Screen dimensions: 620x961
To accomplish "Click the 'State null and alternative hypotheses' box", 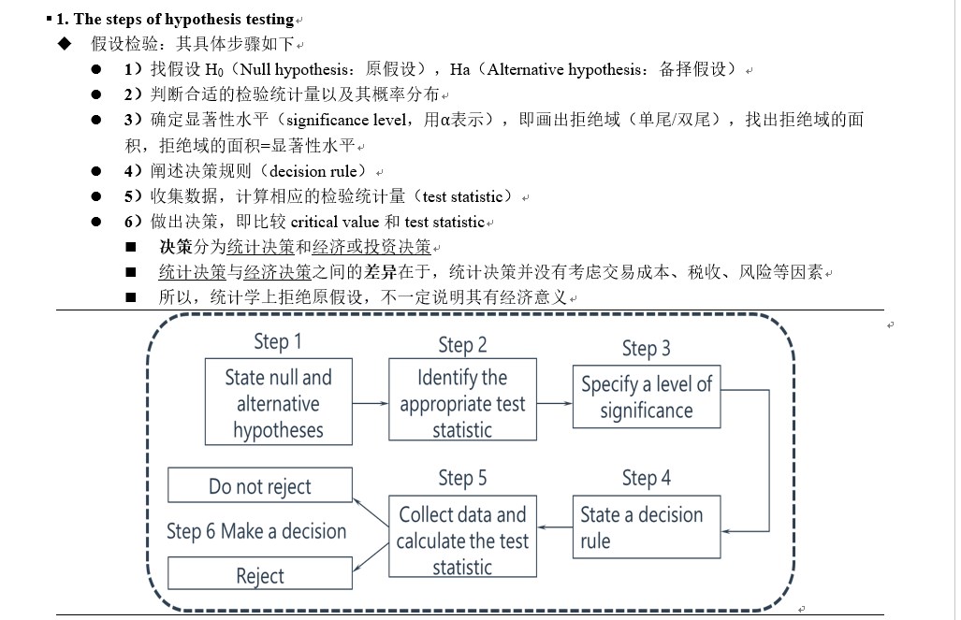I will click(278, 403).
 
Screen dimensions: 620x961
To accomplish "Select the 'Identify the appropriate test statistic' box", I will click(462, 403).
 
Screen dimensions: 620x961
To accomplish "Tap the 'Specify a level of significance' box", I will click(647, 397).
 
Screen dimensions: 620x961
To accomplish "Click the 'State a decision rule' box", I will click(647, 526).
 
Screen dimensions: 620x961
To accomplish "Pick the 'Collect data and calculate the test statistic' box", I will click(462, 540).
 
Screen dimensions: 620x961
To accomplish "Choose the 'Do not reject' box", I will click(259, 486).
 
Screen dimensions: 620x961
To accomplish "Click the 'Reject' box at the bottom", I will click(259, 575).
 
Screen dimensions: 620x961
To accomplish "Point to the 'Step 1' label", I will click(278, 341).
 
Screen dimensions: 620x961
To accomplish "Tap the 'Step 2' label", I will click(462, 345).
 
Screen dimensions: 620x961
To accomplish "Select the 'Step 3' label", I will click(647, 349).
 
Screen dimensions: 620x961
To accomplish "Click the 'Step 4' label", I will click(647, 479).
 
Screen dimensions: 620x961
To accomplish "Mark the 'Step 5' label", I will click(462, 479).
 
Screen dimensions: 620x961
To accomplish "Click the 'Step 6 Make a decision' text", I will click(256, 531).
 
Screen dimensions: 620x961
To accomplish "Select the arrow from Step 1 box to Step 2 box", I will click(370, 403).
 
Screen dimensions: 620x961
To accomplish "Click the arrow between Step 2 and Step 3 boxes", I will click(554, 403).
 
